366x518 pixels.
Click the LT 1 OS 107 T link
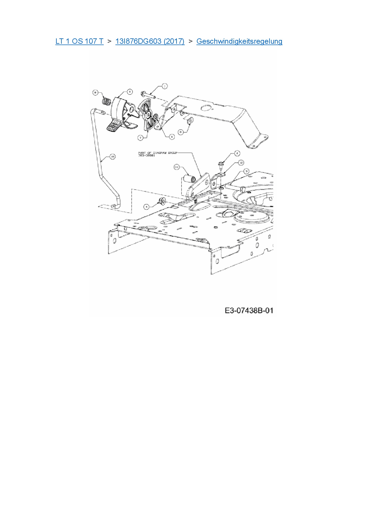(79, 41)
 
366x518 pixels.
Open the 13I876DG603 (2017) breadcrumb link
(150, 41)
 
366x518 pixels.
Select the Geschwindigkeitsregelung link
(239, 41)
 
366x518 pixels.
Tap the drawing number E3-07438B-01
(249, 310)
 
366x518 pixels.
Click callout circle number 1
(164, 86)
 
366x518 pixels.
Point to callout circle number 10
(112, 157)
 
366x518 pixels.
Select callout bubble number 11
(177, 167)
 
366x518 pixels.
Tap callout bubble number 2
(237, 153)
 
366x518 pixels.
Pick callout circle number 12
(241, 163)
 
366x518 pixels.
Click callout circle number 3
(246, 171)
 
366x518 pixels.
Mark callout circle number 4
(147, 207)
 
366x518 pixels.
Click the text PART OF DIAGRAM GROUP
(158, 153)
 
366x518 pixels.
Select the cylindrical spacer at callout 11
(189, 179)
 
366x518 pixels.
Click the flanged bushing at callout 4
(162, 202)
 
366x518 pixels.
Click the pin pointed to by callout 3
(236, 188)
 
